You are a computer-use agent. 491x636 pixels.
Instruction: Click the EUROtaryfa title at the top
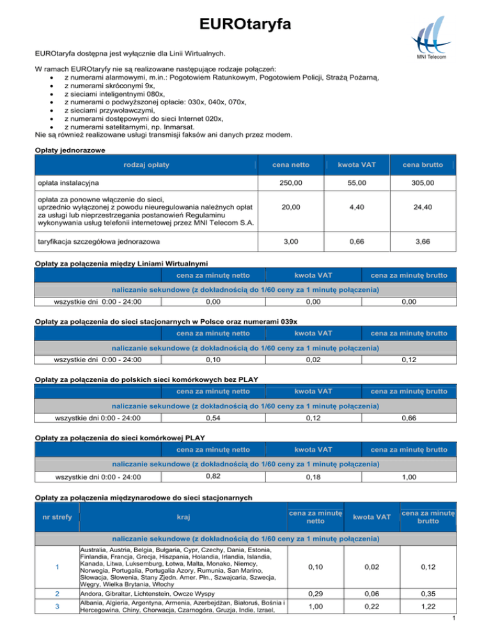(245, 25)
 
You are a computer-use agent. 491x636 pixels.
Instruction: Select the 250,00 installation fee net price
(292, 183)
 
